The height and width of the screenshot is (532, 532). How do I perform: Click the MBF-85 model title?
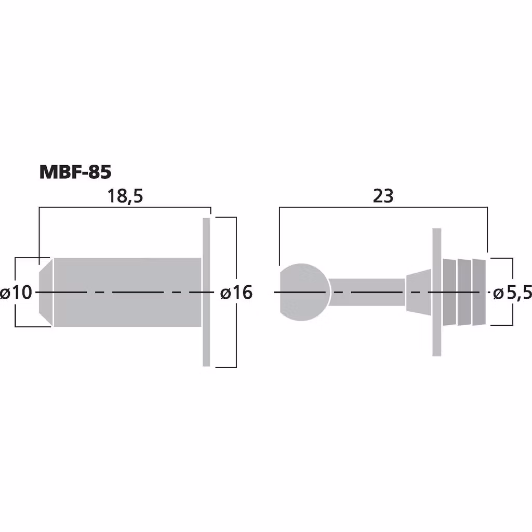click(x=75, y=172)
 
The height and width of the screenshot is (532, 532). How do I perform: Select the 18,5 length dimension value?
click(x=125, y=196)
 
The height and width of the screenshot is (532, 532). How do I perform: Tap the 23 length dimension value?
click(x=383, y=196)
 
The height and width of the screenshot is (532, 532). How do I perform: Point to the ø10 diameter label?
click(x=16, y=292)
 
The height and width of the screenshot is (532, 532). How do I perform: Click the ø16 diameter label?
click(x=236, y=292)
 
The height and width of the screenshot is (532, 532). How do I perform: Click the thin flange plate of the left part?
click(x=206, y=292)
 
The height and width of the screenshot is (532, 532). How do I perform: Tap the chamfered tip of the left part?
click(x=46, y=292)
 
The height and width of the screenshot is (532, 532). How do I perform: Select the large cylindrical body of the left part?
click(x=128, y=292)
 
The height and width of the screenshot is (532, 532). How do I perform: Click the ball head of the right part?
click(x=304, y=292)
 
